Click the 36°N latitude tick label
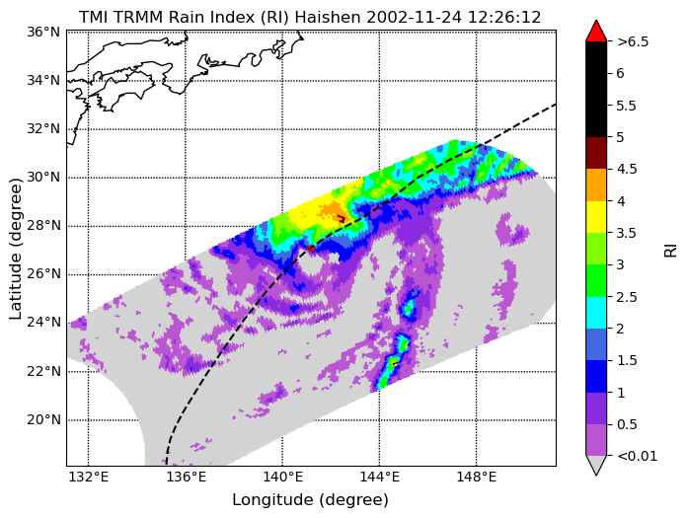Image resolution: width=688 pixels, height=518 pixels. [43, 32]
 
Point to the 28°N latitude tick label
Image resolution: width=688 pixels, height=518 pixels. [43, 226]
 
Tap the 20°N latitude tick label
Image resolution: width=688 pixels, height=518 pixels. [43, 419]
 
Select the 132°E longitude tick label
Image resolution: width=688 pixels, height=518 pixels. [89, 477]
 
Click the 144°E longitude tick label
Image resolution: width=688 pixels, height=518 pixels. [379, 477]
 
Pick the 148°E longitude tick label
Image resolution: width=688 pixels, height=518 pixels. [476, 477]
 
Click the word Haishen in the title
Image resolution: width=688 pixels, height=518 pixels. [328, 18]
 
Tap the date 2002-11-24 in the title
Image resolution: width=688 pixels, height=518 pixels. [414, 18]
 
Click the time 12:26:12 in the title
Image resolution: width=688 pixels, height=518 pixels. [503, 18]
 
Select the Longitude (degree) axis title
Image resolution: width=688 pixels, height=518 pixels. [310, 499]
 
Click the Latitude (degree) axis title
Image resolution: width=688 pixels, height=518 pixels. [15, 249]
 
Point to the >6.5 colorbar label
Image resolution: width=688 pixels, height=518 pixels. [633, 41]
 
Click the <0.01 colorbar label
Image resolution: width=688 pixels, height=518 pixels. [637, 456]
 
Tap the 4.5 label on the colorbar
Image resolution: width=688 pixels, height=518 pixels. [626, 169]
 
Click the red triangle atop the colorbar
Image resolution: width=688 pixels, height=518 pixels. [596, 32]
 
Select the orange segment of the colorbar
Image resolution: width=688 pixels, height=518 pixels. [596, 185]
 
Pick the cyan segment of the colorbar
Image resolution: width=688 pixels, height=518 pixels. [596, 313]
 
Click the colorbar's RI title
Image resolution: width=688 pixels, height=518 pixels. [670, 250]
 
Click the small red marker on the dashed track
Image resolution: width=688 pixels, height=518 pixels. [311, 249]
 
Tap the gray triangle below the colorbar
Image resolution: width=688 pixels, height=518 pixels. [596, 465]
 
